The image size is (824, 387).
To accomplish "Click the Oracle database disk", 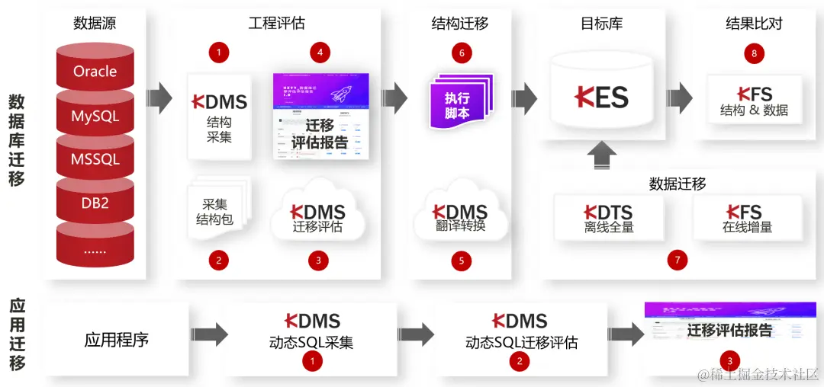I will (x=95, y=72).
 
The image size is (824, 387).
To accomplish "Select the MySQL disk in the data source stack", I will (x=95, y=117).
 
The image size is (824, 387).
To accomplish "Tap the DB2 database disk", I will (x=95, y=203).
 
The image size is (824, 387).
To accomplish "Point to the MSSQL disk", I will (x=95, y=160).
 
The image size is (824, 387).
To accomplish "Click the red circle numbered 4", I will (x=320, y=53).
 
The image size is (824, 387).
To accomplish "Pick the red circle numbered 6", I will (x=461, y=53).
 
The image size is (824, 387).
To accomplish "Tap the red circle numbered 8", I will (x=754, y=53).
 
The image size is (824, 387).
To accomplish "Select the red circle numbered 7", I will (x=677, y=260).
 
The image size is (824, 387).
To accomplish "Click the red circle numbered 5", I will (x=461, y=261).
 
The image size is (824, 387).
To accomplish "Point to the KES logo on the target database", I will (x=601, y=97).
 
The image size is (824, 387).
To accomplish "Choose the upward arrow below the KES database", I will (x=602, y=157).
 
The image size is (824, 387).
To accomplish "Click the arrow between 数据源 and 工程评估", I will (x=159, y=98).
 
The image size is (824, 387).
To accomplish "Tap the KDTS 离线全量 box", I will (x=608, y=218).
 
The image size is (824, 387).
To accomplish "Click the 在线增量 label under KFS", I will (x=748, y=226).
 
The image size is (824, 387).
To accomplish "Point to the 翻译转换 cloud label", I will (x=460, y=226).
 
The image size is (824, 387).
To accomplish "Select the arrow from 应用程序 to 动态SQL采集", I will (x=209, y=334).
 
